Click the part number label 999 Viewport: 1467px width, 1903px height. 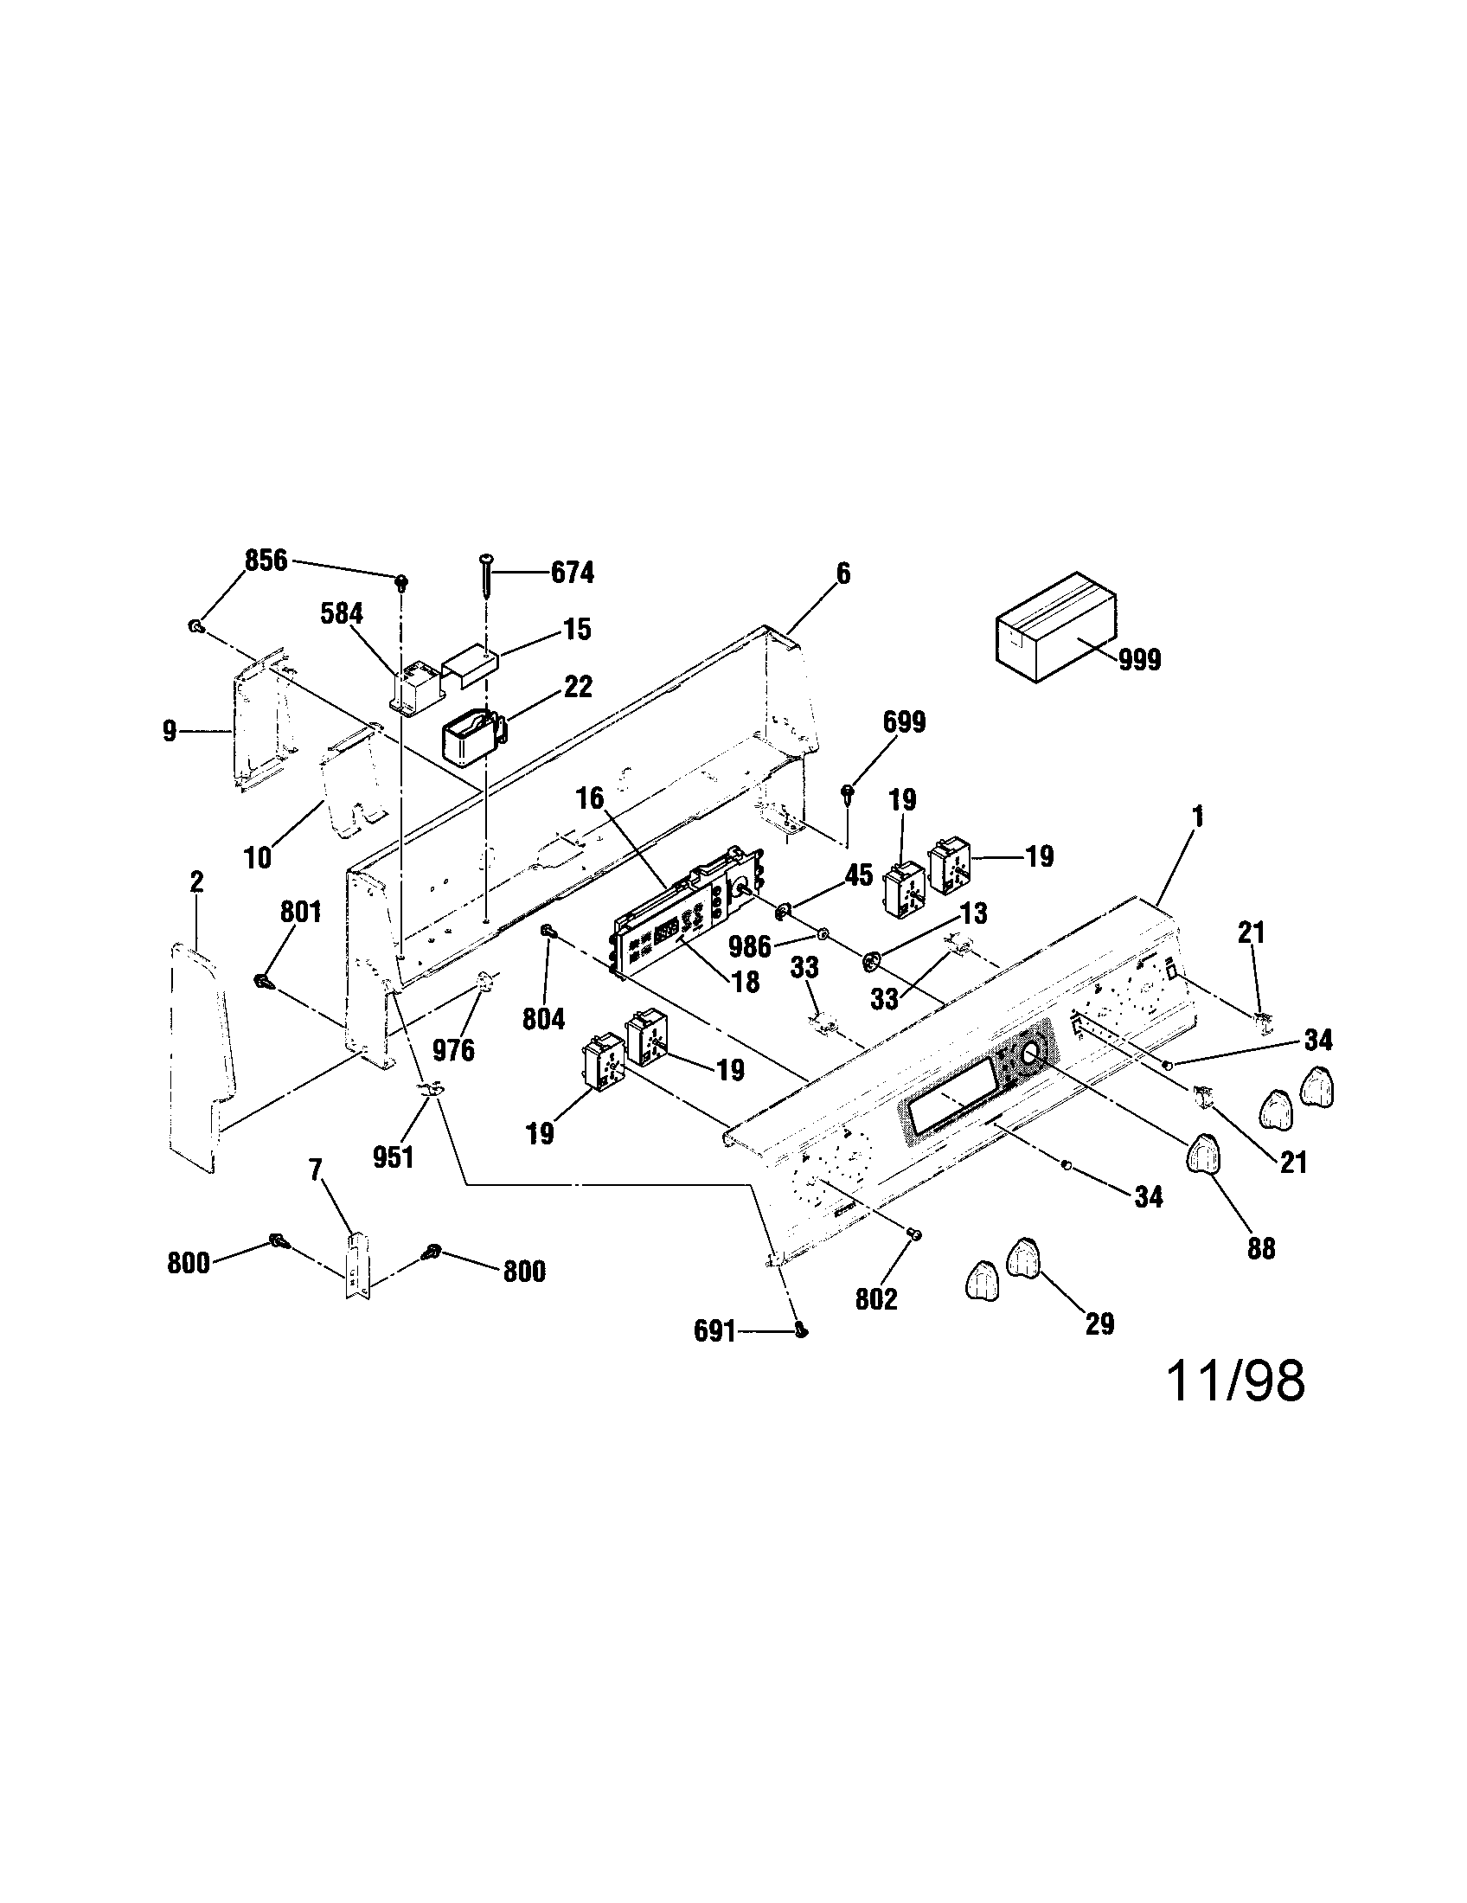(1138, 661)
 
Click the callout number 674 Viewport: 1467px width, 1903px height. (572, 573)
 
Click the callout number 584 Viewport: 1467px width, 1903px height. (342, 613)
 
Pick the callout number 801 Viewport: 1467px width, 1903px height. (300, 913)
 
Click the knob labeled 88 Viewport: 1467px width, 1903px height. (1203, 1156)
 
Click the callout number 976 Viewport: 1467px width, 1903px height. (454, 1050)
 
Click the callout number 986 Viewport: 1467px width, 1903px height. (750, 945)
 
